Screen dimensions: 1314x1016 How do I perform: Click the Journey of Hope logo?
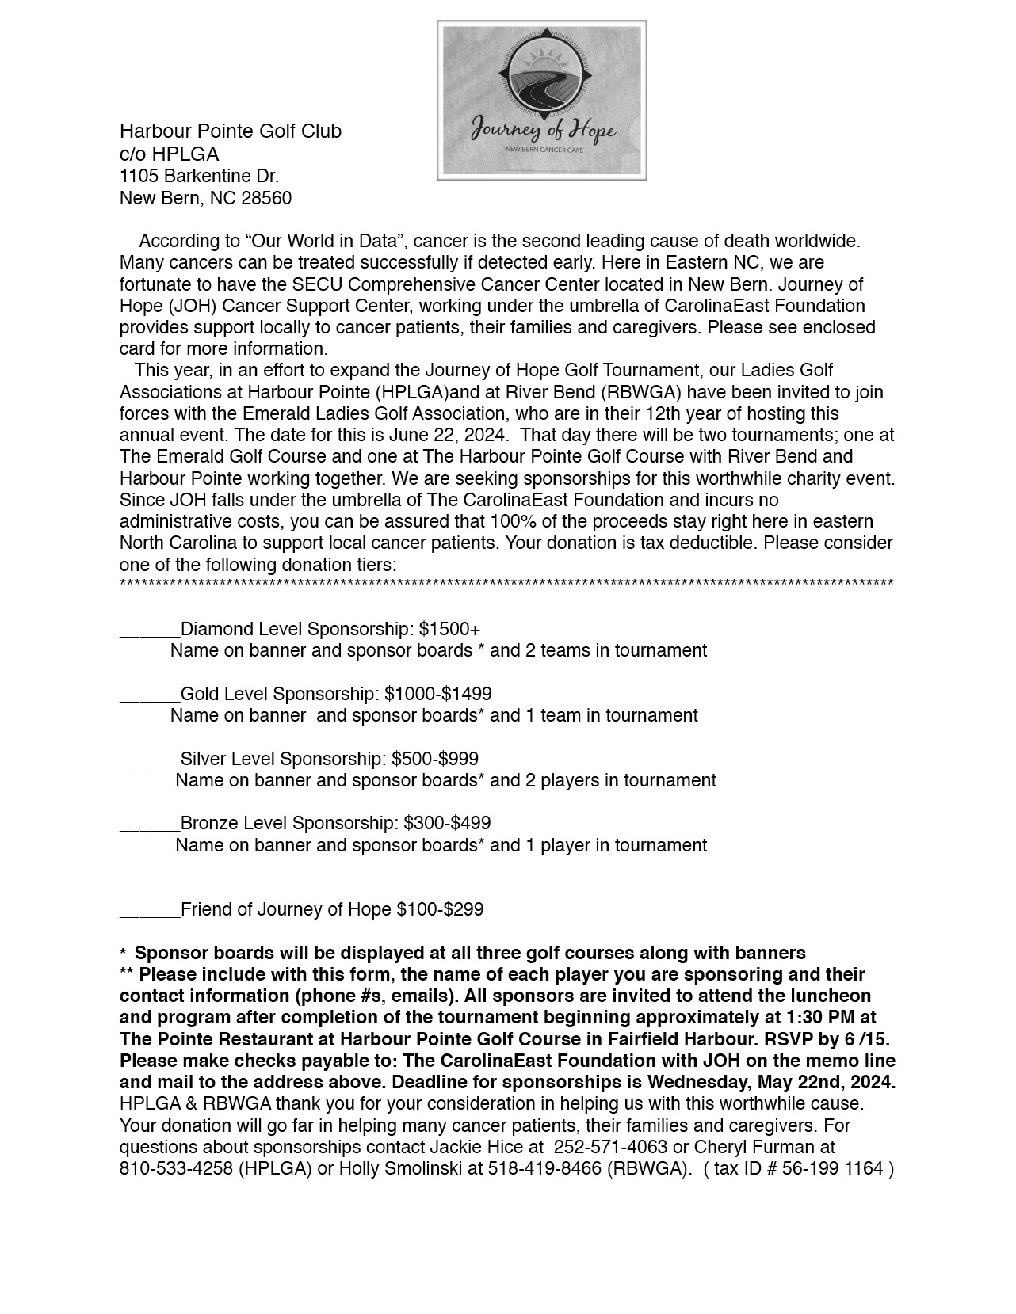541,101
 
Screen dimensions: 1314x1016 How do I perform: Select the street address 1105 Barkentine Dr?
199,176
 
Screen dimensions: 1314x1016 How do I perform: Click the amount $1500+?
449,630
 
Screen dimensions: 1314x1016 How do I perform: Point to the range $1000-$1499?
438,695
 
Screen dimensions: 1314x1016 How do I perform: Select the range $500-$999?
435,760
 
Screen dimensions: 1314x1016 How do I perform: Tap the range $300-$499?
447,824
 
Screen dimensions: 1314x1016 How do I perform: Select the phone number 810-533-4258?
176,1169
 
